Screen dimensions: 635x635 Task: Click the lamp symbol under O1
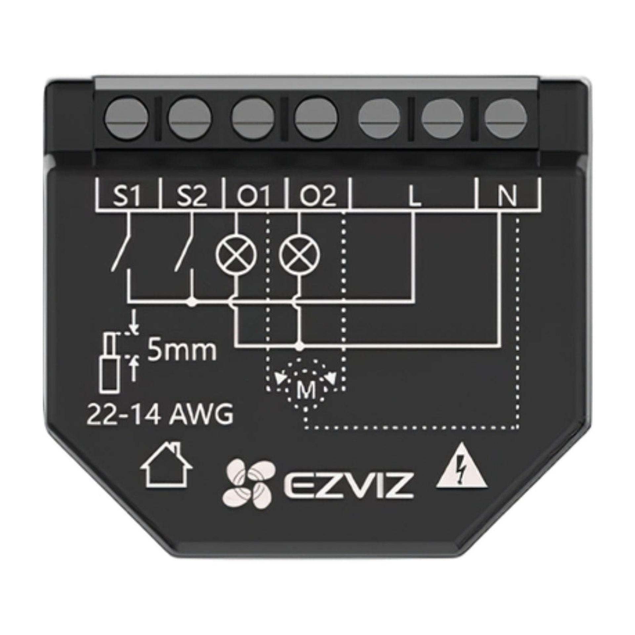tap(236, 254)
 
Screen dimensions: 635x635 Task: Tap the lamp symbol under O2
tap(300, 254)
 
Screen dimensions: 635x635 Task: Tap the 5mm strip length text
tap(182, 352)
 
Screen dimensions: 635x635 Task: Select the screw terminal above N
tap(506, 118)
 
